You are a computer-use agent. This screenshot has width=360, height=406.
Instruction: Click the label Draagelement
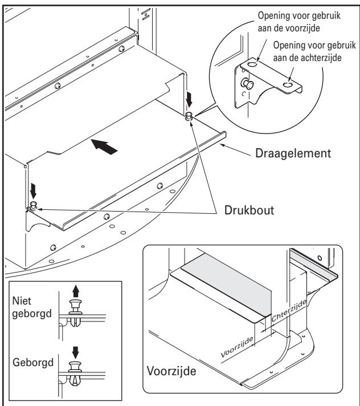[293, 153]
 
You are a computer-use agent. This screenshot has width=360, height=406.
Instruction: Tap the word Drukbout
[249, 210]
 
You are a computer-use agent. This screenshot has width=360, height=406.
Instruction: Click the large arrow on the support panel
[104, 147]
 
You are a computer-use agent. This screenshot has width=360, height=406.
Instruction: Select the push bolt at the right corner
[189, 116]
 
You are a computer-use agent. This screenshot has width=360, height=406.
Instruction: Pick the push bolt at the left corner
[34, 205]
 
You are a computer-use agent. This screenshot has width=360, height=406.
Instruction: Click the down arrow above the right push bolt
[189, 99]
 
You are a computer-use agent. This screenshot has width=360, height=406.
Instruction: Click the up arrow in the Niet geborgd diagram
[76, 291]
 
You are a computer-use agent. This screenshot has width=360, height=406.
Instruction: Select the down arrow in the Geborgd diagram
[75, 352]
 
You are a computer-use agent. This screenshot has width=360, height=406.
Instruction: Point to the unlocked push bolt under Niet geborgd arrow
[75, 312]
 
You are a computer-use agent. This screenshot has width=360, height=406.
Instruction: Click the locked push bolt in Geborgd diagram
[75, 373]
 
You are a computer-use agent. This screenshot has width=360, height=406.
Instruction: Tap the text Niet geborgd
[32, 307]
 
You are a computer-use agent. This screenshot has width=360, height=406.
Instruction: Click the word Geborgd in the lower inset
[33, 363]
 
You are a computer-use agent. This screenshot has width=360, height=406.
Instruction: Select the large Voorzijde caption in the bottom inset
[171, 371]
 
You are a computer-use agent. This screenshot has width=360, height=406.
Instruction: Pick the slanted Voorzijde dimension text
[237, 347]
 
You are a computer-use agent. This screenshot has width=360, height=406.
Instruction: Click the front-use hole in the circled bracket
[252, 63]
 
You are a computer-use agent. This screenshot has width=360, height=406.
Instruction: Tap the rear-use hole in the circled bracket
[288, 84]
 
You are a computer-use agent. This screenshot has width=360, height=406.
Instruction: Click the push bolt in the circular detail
[247, 83]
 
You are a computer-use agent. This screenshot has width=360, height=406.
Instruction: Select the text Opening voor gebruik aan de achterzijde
[314, 51]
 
